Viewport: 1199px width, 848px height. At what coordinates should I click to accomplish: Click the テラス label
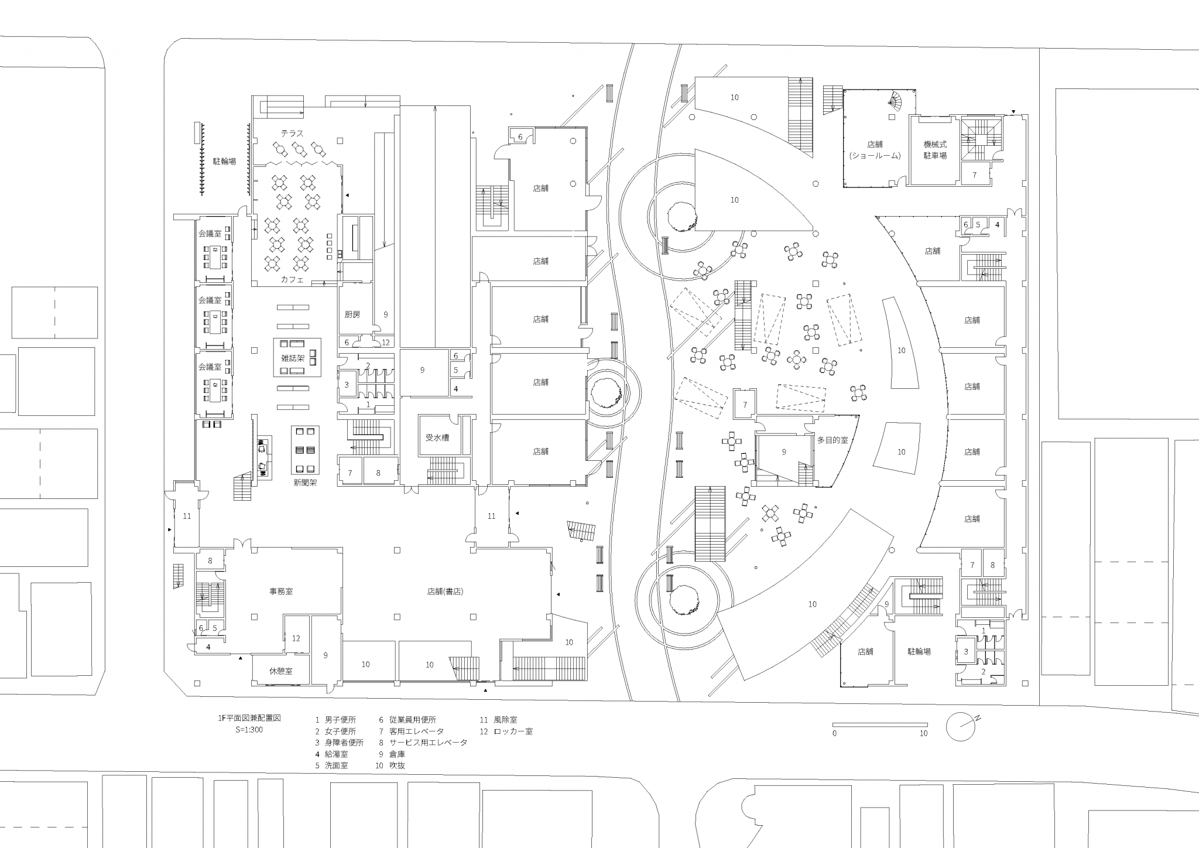pyautogui.click(x=292, y=134)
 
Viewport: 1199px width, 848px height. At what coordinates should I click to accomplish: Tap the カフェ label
pyautogui.click(x=292, y=279)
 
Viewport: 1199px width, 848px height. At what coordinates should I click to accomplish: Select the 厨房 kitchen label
pyautogui.click(x=352, y=314)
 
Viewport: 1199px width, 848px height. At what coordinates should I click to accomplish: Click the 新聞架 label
pyautogui.click(x=305, y=483)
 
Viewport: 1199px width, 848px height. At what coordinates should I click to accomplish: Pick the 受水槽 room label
pyautogui.click(x=437, y=437)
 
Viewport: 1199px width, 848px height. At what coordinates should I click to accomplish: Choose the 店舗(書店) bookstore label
pyautogui.click(x=445, y=591)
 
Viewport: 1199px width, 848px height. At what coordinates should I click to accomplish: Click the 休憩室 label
pyautogui.click(x=280, y=671)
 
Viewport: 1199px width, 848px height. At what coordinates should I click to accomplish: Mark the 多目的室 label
pyautogui.click(x=833, y=440)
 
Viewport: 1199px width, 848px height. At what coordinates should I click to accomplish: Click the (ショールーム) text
pyautogui.click(x=875, y=155)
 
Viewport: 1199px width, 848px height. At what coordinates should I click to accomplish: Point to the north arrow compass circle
pyautogui.click(x=960, y=726)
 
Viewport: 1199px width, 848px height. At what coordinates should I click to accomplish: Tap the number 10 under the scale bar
pyautogui.click(x=923, y=733)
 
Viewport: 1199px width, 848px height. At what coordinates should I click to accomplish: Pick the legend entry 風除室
pyautogui.click(x=505, y=720)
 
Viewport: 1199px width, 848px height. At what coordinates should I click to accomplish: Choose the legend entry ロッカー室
pyautogui.click(x=513, y=731)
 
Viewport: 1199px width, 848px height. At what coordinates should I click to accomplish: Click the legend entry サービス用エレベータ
pyautogui.click(x=429, y=743)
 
